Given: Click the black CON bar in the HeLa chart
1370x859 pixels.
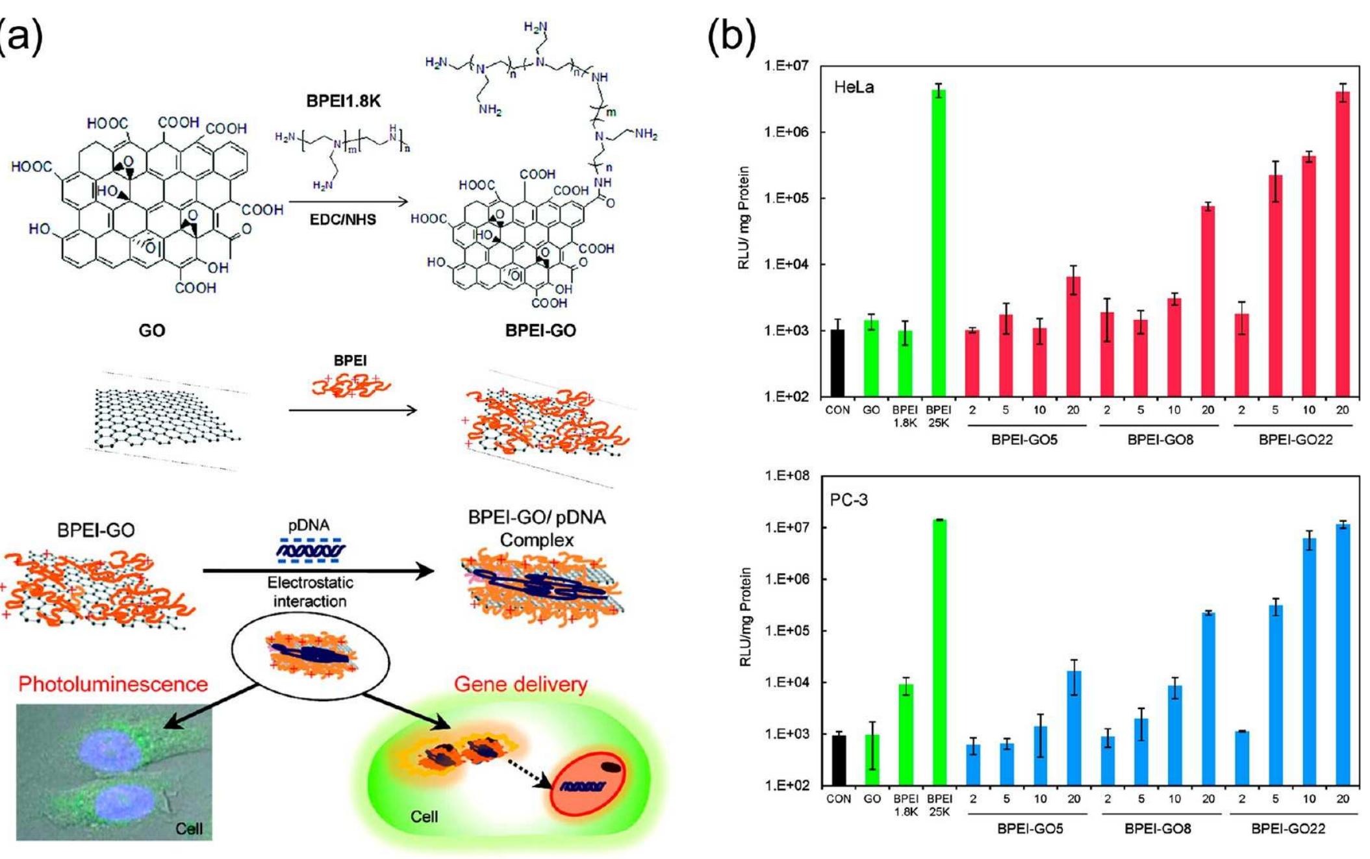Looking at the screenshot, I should (x=837, y=363).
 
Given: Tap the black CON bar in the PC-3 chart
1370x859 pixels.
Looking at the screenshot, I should (x=839, y=760).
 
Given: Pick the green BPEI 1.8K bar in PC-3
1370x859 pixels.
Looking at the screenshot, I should (x=906, y=734).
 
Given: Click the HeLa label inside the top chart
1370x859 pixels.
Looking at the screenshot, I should (x=854, y=87).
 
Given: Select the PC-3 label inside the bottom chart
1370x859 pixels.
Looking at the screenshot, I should (x=848, y=499).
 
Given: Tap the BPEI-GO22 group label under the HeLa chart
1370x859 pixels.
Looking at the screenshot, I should (x=1295, y=440).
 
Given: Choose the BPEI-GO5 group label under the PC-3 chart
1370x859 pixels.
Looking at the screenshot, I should (x=1030, y=828).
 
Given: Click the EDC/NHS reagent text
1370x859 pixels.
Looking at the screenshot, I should (x=343, y=219).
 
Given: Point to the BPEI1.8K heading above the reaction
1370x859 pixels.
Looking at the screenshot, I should (x=343, y=101).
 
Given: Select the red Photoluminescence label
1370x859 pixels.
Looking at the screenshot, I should (x=113, y=684).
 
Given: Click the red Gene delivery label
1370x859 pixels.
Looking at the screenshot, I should (x=520, y=684).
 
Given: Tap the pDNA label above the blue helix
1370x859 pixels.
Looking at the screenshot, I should (x=309, y=525).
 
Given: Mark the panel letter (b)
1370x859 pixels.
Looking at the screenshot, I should (x=731, y=36).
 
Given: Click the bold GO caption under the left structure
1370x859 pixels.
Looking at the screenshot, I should (x=152, y=330).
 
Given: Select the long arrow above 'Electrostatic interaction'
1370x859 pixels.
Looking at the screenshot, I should (x=318, y=571).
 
